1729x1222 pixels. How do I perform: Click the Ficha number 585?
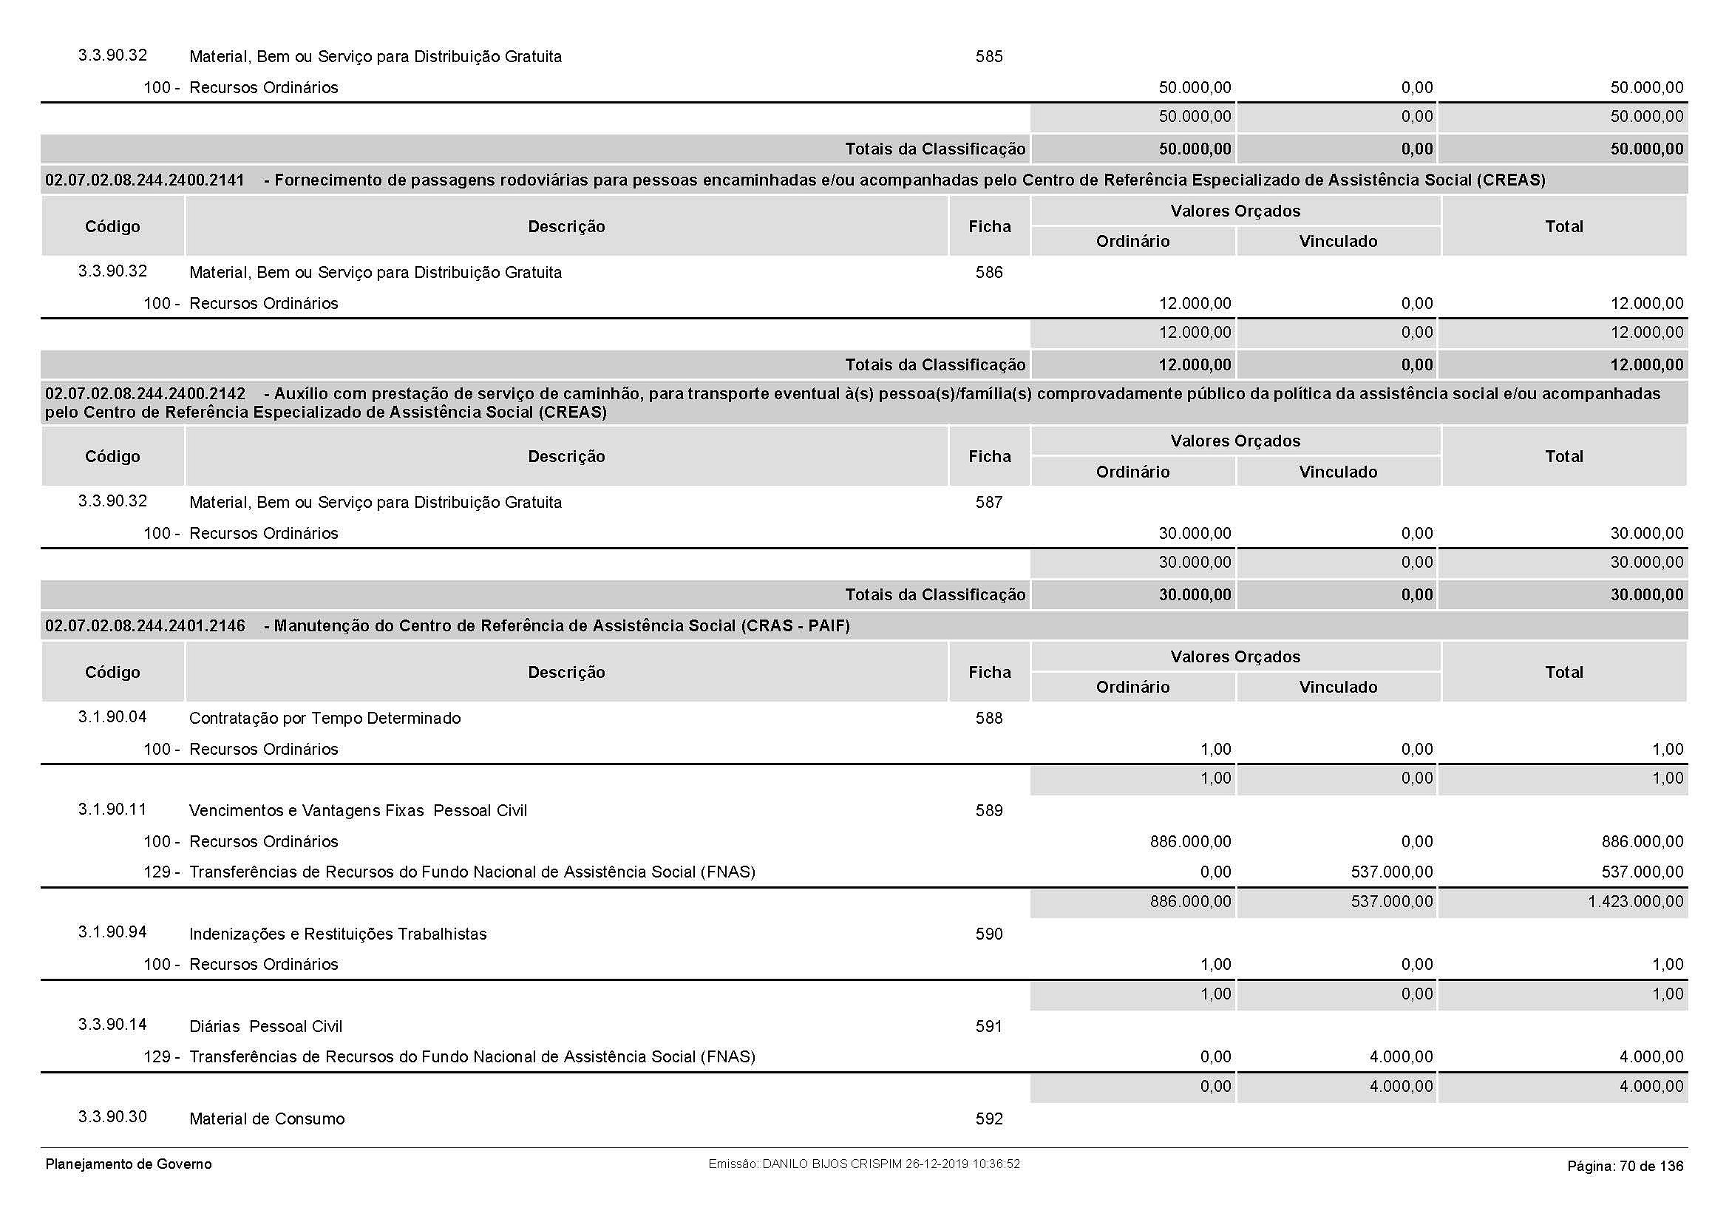click(x=989, y=56)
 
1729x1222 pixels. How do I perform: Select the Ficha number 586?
click(x=989, y=273)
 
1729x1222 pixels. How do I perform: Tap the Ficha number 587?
click(x=989, y=502)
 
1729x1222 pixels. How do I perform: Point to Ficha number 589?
click(x=989, y=811)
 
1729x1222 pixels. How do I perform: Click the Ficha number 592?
click(x=989, y=1119)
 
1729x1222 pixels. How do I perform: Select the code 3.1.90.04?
click(x=112, y=717)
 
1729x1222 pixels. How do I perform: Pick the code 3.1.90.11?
click(x=112, y=809)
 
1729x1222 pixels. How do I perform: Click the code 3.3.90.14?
click(x=112, y=1025)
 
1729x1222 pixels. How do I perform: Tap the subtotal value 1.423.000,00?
click(x=1636, y=902)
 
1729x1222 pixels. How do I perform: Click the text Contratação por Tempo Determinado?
click(x=325, y=719)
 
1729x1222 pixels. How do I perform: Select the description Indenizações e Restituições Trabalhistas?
click(x=337, y=934)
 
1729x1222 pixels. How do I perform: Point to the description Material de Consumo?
click(x=267, y=1119)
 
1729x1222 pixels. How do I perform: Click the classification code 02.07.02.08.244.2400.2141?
click(x=145, y=180)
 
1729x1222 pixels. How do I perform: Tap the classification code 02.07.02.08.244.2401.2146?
click(x=145, y=626)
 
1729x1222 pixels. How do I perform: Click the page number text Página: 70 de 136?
click(x=1625, y=1167)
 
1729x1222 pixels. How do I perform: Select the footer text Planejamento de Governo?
click(x=129, y=1164)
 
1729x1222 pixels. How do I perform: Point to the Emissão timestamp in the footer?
click(x=863, y=1164)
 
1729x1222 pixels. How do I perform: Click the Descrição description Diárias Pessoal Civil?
click(x=265, y=1027)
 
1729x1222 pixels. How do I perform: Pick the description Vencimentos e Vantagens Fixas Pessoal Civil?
click(x=358, y=811)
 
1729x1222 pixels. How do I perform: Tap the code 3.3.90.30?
click(x=112, y=1116)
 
